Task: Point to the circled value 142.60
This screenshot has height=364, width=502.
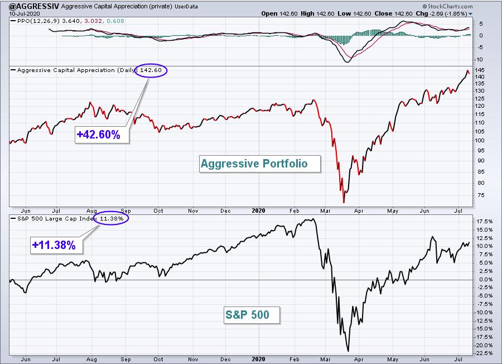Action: point(151,70)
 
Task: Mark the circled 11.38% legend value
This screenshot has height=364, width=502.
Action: point(112,218)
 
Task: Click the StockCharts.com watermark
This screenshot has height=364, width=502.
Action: point(447,6)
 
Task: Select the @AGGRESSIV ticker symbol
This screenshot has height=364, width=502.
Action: point(34,6)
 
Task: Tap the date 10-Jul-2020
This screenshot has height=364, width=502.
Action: point(25,14)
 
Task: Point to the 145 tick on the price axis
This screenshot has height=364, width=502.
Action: point(480,70)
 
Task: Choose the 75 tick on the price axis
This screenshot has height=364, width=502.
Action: point(481,195)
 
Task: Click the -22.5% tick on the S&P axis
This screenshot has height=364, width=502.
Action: point(484,353)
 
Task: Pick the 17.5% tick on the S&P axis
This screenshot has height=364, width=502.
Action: point(485,222)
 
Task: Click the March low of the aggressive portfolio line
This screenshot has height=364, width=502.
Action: point(344,203)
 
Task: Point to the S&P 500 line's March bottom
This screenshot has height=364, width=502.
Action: point(348,351)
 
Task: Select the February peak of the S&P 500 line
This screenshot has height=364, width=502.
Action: point(313,219)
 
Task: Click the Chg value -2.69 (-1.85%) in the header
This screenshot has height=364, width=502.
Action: point(449,14)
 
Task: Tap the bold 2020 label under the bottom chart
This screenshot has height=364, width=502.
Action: point(258,359)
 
